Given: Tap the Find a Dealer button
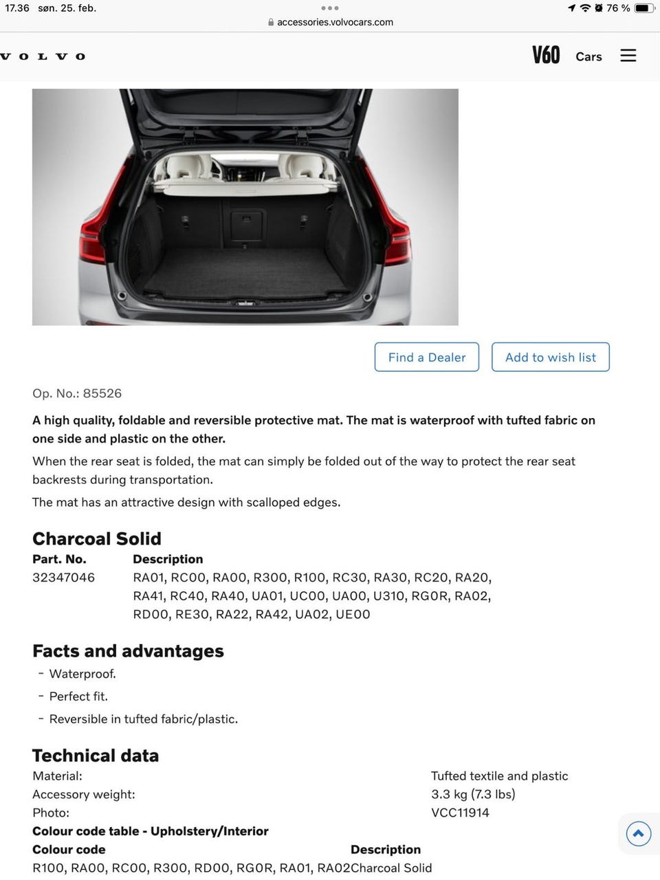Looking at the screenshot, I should pyautogui.click(x=427, y=357).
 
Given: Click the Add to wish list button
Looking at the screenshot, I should pyautogui.click(x=551, y=357).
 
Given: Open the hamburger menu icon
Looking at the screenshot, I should pyautogui.click(x=628, y=56).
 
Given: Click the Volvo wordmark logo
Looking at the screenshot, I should pyautogui.click(x=43, y=56).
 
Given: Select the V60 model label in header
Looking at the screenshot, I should pyautogui.click(x=546, y=55).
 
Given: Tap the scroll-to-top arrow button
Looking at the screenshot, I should pyautogui.click(x=639, y=834).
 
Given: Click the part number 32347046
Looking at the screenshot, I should pyautogui.click(x=64, y=577).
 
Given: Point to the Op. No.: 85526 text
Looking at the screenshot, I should pyautogui.click(x=77, y=393).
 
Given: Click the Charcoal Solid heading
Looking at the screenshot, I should pyautogui.click(x=97, y=538).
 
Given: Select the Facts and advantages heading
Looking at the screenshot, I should pyautogui.click(x=128, y=650).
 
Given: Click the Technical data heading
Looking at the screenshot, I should pyautogui.click(x=96, y=756).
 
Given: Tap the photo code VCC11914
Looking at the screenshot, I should pyautogui.click(x=460, y=813).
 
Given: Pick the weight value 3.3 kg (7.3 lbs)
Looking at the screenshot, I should pyautogui.click(x=473, y=794).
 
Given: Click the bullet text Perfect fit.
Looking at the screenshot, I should pyautogui.click(x=78, y=696).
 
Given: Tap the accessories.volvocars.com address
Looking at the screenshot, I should pyautogui.click(x=335, y=22).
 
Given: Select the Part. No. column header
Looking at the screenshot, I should pyautogui.click(x=59, y=559).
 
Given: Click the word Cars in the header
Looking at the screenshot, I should pyautogui.click(x=588, y=56).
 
